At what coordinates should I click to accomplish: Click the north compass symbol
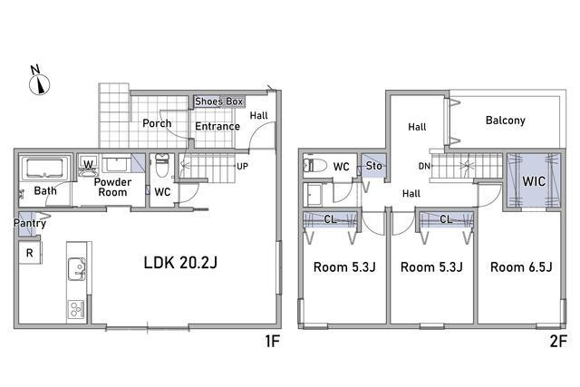pyautogui.click(x=39, y=82)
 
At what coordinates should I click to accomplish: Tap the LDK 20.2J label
pyautogui.click(x=180, y=263)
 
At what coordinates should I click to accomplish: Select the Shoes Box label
pyautogui.click(x=218, y=102)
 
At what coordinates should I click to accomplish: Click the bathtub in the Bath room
pyautogui.click(x=44, y=169)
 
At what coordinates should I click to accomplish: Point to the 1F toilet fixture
pyautogui.click(x=162, y=165)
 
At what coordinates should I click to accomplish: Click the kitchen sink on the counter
pyautogui.click(x=76, y=269)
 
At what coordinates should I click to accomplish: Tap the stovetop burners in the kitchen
pyautogui.click(x=76, y=309)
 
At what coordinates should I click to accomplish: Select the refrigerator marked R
pyautogui.click(x=30, y=253)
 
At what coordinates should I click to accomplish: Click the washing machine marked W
pyautogui.click(x=88, y=165)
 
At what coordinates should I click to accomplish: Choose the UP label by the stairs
pyautogui.click(x=242, y=166)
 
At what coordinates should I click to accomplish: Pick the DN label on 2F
pyautogui.click(x=424, y=167)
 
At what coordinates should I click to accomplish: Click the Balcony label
pyautogui.click(x=506, y=121)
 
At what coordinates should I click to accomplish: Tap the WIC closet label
pyautogui.click(x=534, y=181)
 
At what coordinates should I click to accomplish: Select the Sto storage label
pyautogui.click(x=373, y=166)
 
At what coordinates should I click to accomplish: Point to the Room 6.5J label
pyautogui.click(x=521, y=267)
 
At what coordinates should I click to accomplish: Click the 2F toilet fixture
pyautogui.click(x=314, y=165)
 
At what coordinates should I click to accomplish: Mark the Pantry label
pyautogui.click(x=30, y=223)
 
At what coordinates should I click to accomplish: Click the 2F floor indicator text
pyautogui.click(x=558, y=341)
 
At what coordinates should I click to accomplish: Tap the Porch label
pyautogui.click(x=157, y=123)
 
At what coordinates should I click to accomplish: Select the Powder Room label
pyautogui.click(x=112, y=188)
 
